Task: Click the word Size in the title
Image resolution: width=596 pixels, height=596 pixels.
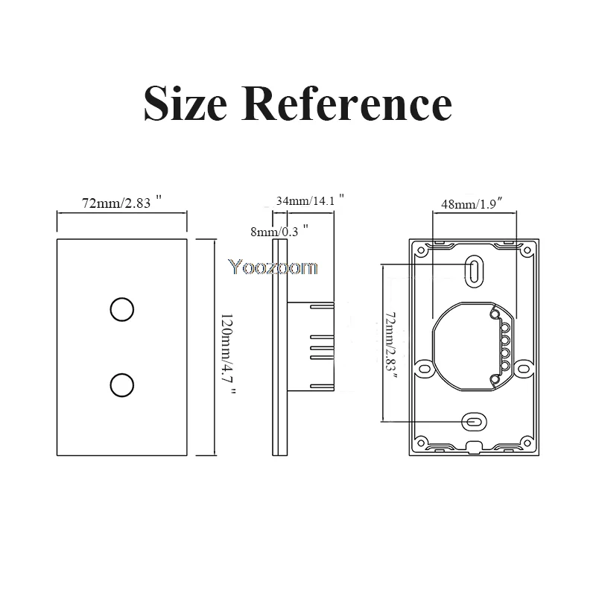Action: (x=186, y=103)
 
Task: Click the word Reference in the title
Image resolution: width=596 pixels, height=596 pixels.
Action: (x=346, y=103)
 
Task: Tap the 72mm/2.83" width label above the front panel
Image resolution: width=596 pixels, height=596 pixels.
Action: (x=122, y=203)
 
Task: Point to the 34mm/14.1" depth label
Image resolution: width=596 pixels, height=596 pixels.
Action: (x=310, y=200)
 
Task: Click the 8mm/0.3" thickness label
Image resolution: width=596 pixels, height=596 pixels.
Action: (x=279, y=231)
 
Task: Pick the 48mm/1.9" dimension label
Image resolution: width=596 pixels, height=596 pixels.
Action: (x=473, y=203)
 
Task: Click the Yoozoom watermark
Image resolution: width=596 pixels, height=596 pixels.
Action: (x=273, y=267)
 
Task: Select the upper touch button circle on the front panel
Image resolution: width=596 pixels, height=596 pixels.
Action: (x=122, y=309)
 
